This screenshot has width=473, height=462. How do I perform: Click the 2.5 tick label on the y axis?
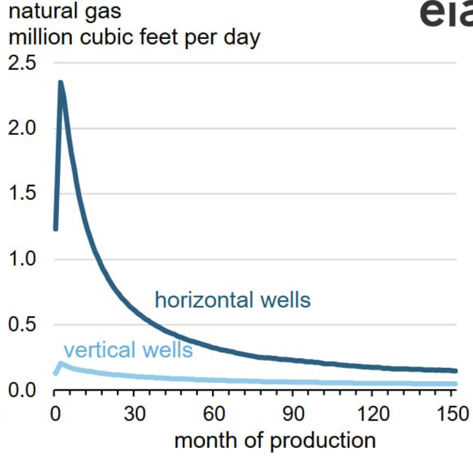[22, 63]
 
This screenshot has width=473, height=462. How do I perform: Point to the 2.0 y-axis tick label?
[22, 128]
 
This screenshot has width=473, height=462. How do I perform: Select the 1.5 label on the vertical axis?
[22, 193]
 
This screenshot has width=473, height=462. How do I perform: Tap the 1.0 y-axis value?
[22, 259]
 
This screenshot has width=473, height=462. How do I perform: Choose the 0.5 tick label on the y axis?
[22, 324]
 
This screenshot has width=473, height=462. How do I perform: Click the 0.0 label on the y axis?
[22, 390]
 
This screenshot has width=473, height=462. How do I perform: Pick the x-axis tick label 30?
[134, 413]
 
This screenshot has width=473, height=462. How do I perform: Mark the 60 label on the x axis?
[214, 413]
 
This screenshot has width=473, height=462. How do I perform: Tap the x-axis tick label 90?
[293, 413]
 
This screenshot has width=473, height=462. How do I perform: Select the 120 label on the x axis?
[373, 413]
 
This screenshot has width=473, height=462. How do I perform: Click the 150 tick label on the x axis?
[453, 413]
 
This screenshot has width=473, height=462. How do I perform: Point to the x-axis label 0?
[55, 413]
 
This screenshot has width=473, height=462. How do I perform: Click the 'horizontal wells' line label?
[233, 300]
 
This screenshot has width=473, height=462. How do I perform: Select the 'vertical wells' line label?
[128, 350]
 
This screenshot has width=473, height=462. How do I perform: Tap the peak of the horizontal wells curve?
[61, 82]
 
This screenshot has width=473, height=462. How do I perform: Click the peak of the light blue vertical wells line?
[61, 363]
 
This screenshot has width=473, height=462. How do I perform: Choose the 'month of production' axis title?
[275, 441]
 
